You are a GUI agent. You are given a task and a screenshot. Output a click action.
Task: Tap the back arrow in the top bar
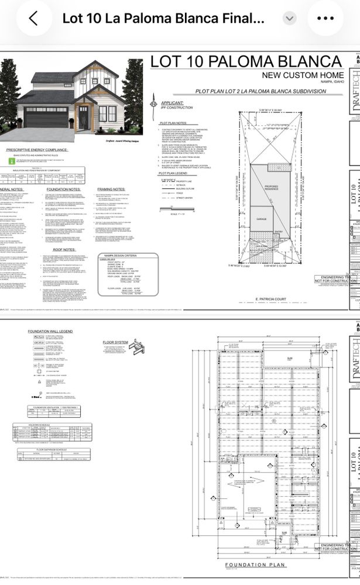(33, 18)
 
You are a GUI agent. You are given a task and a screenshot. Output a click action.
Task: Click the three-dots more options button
(325, 18)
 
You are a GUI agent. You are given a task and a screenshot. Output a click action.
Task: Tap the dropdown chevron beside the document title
(289, 18)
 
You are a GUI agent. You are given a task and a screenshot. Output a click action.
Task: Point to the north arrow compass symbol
(154, 104)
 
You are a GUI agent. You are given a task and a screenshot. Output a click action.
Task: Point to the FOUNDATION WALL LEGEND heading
(50, 332)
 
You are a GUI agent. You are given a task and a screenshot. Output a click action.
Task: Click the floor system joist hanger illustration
(136, 347)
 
